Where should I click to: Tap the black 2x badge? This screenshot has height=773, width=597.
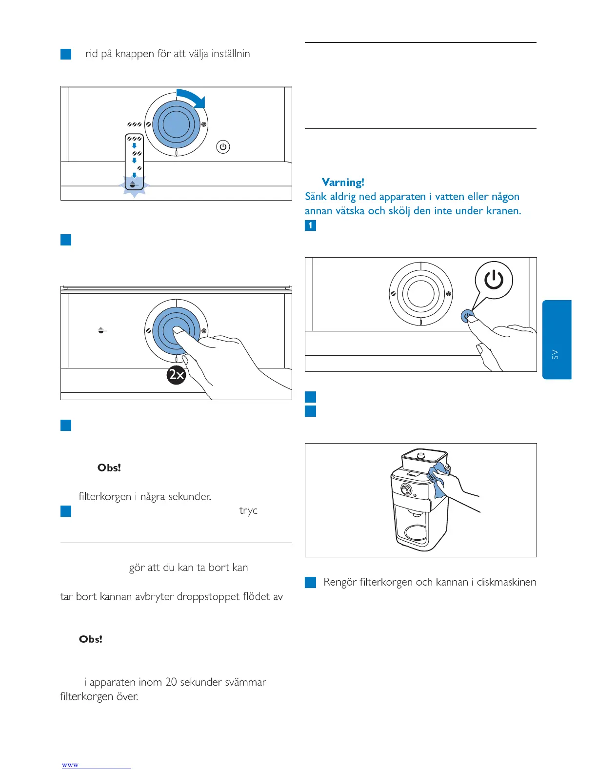pyautogui.click(x=176, y=374)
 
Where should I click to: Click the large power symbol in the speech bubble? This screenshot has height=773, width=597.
pyautogui.click(x=494, y=280)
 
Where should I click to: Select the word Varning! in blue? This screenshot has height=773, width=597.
pyautogui.click(x=343, y=183)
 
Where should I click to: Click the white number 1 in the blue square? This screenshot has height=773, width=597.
pyautogui.click(x=310, y=225)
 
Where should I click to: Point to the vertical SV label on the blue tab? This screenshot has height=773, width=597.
pyautogui.click(x=555, y=354)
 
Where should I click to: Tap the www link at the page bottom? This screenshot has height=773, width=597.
pyautogui.click(x=70, y=765)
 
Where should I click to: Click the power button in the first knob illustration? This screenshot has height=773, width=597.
pyautogui.click(x=223, y=146)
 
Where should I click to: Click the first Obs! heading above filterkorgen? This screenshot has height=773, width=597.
pyautogui.click(x=109, y=468)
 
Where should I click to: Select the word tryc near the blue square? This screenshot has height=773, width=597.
pyautogui.click(x=248, y=510)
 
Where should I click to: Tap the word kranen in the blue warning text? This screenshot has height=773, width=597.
pyautogui.click(x=503, y=211)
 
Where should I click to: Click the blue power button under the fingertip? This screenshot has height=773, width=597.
pyautogui.click(x=467, y=316)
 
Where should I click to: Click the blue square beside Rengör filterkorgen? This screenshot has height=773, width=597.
pyautogui.click(x=310, y=582)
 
